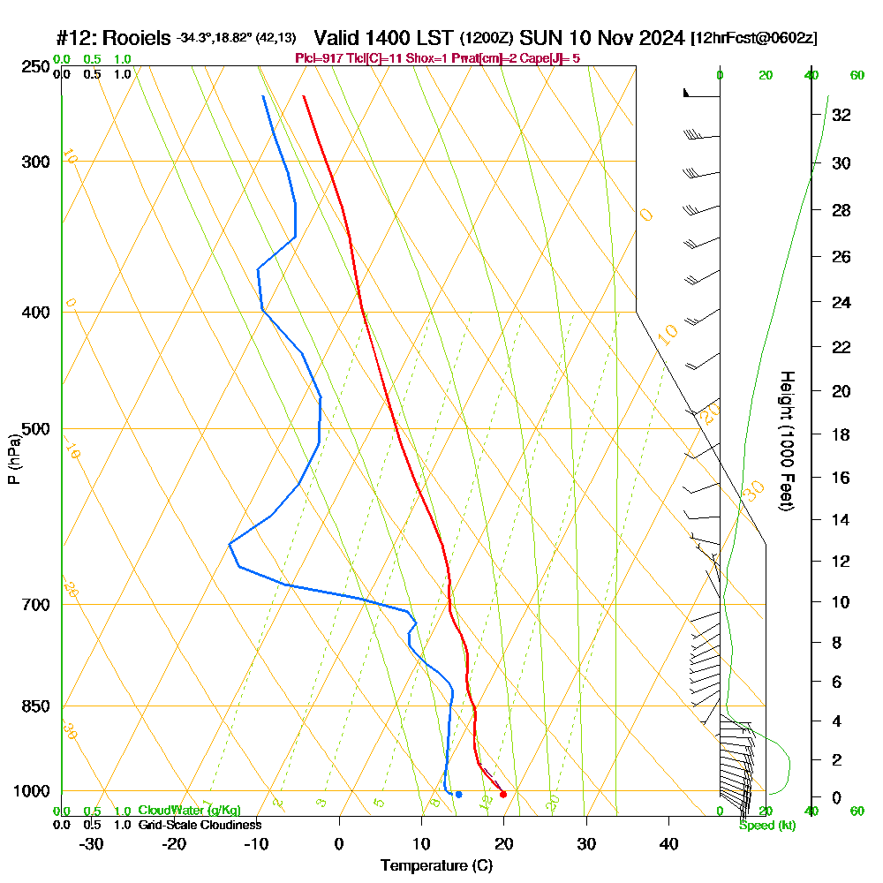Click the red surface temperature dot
[503, 794]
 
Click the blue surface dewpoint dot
[458, 795]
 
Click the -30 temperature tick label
[92, 843]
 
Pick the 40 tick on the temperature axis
[669, 843]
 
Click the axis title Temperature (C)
[436, 866]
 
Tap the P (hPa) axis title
[13, 458]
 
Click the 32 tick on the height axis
[841, 115]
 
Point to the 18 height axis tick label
[841, 434]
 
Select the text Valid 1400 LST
[384, 38]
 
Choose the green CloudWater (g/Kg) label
[189, 810]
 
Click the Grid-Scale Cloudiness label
[200, 825]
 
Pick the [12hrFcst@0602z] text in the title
[754, 38]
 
